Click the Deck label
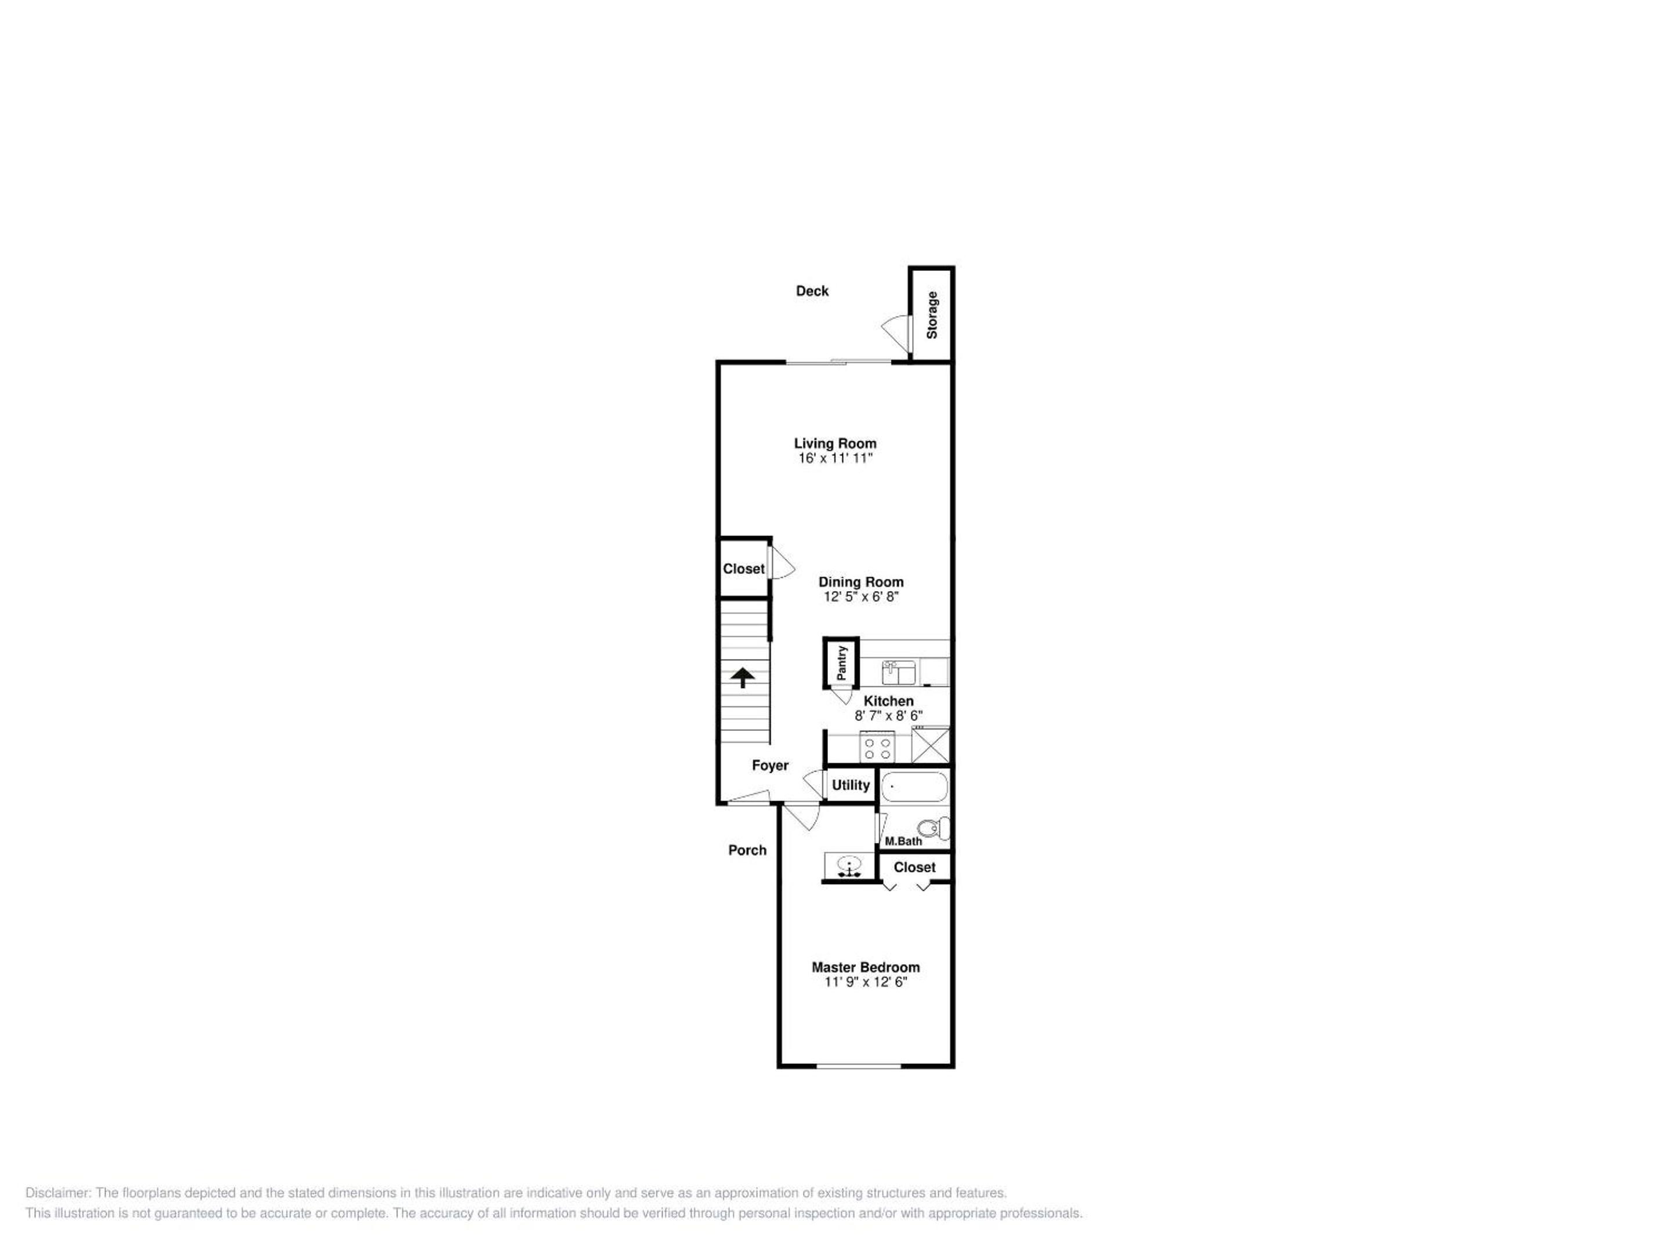pyautogui.click(x=812, y=291)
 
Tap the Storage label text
pyautogui.click(x=932, y=315)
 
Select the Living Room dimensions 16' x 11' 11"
pyautogui.click(x=835, y=458)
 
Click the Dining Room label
pyautogui.click(x=861, y=582)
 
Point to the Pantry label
pyautogui.click(x=841, y=662)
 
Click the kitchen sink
pyautogui.click(x=898, y=671)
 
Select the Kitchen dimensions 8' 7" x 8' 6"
pyautogui.click(x=888, y=715)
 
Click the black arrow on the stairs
pyautogui.click(x=743, y=678)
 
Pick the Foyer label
pyautogui.click(x=770, y=765)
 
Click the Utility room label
pyautogui.click(x=851, y=785)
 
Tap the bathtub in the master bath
pyautogui.click(x=914, y=786)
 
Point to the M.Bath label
pyautogui.click(x=903, y=841)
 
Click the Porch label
pyautogui.click(x=747, y=850)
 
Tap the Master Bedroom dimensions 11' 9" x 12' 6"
pyautogui.click(x=866, y=982)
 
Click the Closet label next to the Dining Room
pyautogui.click(x=743, y=568)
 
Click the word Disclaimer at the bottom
pyautogui.click(x=58, y=1193)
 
